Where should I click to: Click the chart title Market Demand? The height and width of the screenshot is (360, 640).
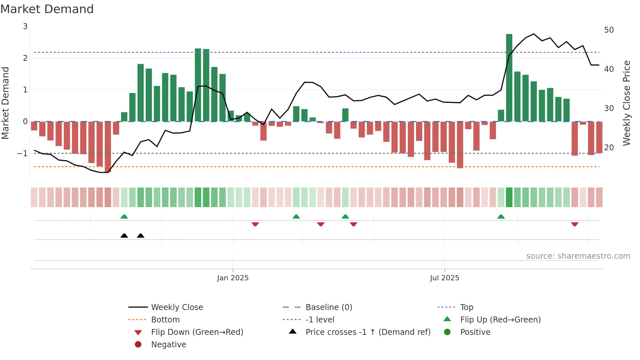click(x=47, y=9)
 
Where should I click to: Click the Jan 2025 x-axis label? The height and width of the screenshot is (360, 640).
click(x=233, y=278)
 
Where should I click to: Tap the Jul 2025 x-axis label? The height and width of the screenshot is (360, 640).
click(x=444, y=278)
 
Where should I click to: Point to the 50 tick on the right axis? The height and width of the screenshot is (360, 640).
click(x=609, y=30)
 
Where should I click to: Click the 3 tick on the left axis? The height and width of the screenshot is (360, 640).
click(x=25, y=26)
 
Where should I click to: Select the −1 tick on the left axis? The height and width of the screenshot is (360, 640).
click(x=23, y=153)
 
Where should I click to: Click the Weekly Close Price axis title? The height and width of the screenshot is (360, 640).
click(x=626, y=103)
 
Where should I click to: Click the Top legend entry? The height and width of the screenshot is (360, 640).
click(x=467, y=307)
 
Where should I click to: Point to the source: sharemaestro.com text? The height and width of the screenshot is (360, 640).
click(x=578, y=256)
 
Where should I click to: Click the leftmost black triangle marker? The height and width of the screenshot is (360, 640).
click(x=124, y=236)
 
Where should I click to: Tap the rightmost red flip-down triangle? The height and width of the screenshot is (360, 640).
click(x=575, y=224)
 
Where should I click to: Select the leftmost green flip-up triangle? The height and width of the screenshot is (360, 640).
click(x=124, y=217)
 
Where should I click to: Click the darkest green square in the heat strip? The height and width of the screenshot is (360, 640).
click(x=509, y=197)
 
